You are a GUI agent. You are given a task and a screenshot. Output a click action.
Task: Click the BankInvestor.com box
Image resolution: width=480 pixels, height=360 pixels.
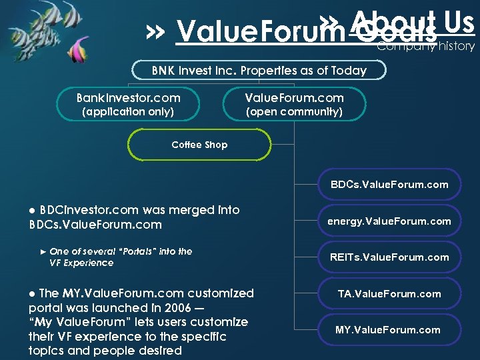[x=128, y=104]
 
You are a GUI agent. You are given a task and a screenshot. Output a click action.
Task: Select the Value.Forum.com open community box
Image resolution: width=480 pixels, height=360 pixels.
[x=294, y=104]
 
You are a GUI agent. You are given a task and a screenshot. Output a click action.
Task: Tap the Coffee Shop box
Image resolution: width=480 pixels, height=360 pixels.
[x=199, y=145]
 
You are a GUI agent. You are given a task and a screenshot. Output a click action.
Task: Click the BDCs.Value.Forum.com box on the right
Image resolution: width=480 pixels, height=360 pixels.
[x=390, y=185]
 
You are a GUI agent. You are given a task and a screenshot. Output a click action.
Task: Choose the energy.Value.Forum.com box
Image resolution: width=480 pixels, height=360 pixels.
[x=389, y=221]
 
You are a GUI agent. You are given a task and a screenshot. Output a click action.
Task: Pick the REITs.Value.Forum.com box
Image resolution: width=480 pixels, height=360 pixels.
[x=390, y=257]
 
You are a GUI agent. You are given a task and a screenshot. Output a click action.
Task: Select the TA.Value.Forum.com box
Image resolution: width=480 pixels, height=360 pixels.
[x=390, y=293]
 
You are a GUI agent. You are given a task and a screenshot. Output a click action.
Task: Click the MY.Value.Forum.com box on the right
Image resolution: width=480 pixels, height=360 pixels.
[x=389, y=330]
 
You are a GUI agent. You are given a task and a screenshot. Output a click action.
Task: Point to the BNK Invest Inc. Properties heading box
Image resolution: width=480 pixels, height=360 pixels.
[x=259, y=71]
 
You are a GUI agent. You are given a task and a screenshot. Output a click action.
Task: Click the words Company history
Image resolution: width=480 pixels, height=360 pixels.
[x=426, y=46]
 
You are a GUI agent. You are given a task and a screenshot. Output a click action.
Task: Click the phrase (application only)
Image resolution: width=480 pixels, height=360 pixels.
[x=127, y=112]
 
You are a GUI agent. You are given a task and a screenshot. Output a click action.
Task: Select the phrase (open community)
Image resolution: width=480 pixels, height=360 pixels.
[x=294, y=112]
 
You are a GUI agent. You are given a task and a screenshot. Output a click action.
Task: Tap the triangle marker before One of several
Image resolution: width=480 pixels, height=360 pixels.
[x=44, y=251]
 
